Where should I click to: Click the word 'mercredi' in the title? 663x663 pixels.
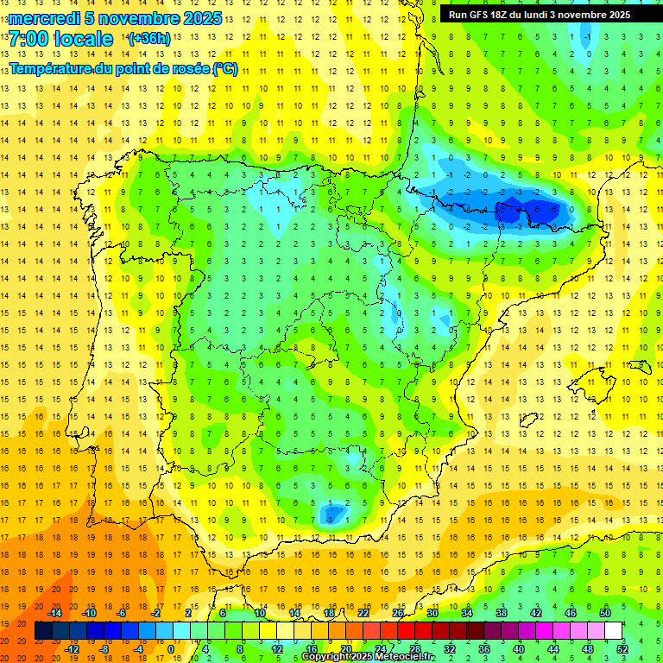[x=45, y=18]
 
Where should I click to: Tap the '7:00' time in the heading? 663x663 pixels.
[x=28, y=39]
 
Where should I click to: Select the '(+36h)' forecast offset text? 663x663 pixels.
[x=149, y=39]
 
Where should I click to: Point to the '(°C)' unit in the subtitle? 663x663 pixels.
[x=224, y=69]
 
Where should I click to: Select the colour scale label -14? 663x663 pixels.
[x=55, y=613]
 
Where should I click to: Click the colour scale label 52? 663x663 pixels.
[x=622, y=649]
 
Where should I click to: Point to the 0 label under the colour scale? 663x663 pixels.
[x=171, y=649]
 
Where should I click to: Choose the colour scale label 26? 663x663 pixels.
[x=398, y=613]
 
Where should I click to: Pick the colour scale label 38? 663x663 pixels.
[x=501, y=613]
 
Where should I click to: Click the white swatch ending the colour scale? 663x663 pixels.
[x=613, y=631]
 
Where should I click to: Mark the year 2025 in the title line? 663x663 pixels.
[x=204, y=18]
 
